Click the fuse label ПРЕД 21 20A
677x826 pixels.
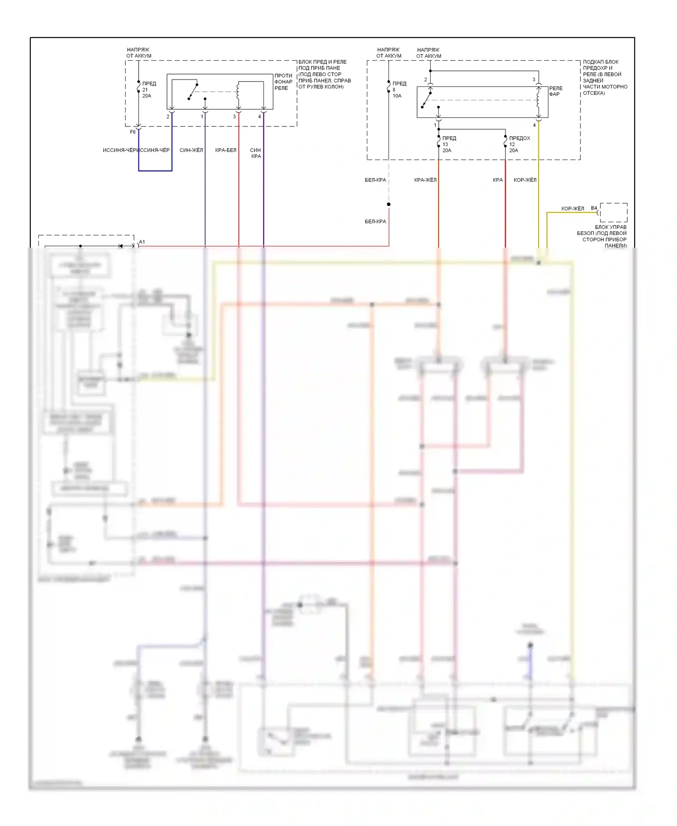[148, 89]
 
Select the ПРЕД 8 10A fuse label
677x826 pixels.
[399, 89]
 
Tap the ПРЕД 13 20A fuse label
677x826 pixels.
[449, 144]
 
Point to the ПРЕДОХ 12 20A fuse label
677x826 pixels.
[519, 144]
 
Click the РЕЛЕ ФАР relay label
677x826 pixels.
[556, 91]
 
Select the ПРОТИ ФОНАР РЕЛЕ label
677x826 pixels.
[283, 82]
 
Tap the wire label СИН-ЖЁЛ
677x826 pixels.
[191, 150]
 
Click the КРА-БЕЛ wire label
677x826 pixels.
[226, 150]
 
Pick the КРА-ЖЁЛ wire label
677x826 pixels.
[425, 180]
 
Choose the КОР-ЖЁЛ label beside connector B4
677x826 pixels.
[572, 208]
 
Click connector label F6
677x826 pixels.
[133, 132]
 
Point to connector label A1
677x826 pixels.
[142, 242]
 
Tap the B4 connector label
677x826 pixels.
[594, 208]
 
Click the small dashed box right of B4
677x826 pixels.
[613, 212]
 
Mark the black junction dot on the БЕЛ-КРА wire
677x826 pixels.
[389, 204]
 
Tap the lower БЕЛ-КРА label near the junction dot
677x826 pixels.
[375, 221]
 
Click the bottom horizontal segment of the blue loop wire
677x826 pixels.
[155, 171]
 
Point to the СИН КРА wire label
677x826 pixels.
[255, 153]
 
